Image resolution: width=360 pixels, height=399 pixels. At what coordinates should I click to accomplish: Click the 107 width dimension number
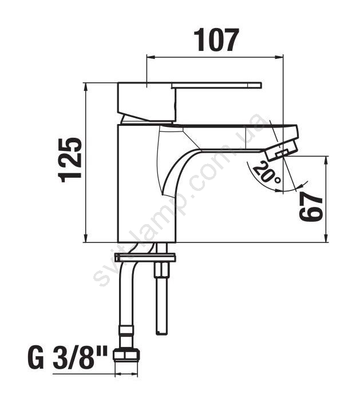216,39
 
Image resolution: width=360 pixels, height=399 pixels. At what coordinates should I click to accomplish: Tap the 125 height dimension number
70,160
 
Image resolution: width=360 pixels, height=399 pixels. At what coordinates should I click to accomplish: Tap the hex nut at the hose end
126,354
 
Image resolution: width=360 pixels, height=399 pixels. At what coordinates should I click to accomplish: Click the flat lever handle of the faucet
216,85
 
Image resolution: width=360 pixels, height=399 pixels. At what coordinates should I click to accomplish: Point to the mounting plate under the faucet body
145,257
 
